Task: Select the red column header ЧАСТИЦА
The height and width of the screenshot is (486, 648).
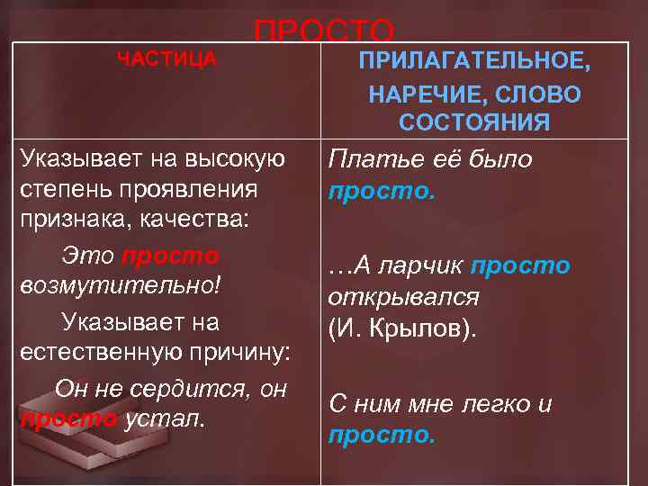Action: (167, 59)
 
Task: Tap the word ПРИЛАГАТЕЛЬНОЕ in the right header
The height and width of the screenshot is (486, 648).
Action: (475, 62)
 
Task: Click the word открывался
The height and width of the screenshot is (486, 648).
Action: (403, 297)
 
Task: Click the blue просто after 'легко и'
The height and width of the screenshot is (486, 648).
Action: (381, 436)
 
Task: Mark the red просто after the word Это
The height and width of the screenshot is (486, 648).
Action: (170, 256)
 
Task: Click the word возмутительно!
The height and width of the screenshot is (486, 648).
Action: (120, 288)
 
